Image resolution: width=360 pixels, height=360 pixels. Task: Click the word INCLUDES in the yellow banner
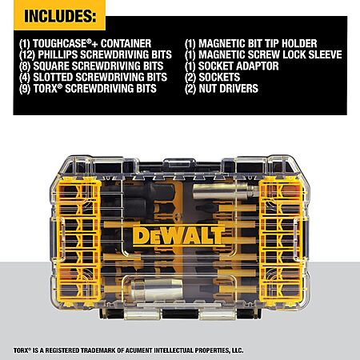click(x=59, y=16)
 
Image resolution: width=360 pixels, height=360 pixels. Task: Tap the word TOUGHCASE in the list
click(x=59, y=43)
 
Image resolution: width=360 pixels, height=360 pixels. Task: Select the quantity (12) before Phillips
click(x=27, y=55)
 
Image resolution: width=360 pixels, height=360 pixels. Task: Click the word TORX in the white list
click(x=45, y=89)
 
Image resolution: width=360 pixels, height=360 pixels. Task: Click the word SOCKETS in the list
click(x=219, y=78)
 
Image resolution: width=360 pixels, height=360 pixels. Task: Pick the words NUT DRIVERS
click(x=229, y=89)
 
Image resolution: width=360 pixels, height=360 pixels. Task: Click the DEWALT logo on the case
click(x=178, y=236)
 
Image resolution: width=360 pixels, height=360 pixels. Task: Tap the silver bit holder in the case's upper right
click(x=226, y=191)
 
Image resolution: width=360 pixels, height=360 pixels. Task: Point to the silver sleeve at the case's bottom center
click(x=157, y=289)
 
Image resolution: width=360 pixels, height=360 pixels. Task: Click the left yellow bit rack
click(x=78, y=242)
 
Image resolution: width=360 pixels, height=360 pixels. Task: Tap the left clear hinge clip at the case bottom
click(x=142, y=314)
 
